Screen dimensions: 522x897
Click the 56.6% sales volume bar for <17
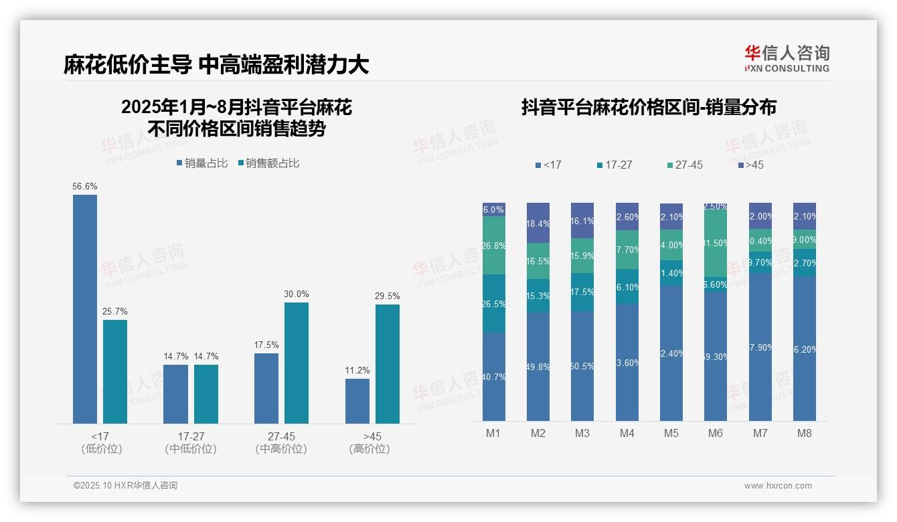[85, 309]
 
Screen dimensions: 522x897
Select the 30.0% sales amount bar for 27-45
[297, 363]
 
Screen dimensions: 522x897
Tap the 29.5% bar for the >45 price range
[388, 363]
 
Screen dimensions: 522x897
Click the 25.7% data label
[115, 311]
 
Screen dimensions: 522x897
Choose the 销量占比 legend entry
[201, 163]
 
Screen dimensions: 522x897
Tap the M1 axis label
[493, 433]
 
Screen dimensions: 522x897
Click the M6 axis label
[716, 433]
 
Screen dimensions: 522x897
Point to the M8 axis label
[804, 433]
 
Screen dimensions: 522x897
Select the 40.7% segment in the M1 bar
[494, 376]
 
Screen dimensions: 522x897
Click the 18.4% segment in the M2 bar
[538, 223]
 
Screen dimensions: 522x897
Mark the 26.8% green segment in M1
[494, 245]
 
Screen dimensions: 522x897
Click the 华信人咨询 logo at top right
[787, 59]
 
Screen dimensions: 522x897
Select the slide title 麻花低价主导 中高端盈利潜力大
[216, 65]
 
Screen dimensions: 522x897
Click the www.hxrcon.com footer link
[778, 486]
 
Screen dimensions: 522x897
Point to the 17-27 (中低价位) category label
[191, 442]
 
